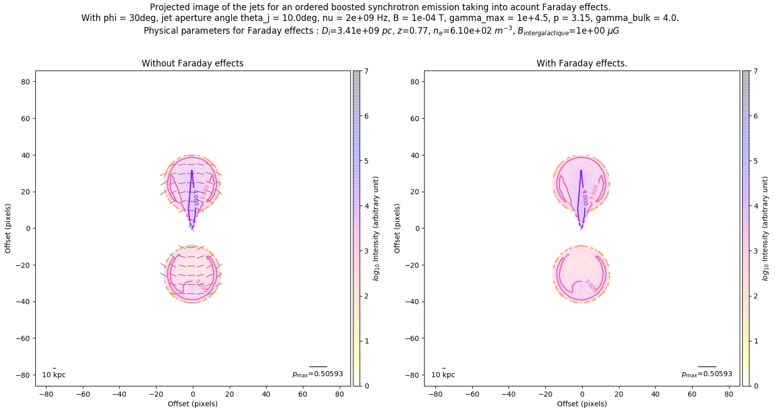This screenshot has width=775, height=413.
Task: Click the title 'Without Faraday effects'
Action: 192,63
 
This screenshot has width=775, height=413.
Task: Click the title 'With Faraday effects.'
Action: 582,63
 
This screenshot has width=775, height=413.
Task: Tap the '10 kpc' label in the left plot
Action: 54,375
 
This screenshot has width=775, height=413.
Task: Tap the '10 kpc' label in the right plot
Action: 443,375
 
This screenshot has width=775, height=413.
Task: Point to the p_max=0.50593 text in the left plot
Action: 318,374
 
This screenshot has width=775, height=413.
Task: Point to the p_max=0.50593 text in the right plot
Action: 707,374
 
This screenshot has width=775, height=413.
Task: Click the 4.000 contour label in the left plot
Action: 195,197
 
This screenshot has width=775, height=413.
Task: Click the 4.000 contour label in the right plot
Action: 585,197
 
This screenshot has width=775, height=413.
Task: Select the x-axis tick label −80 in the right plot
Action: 435,395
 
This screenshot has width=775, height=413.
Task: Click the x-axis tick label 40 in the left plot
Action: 266,395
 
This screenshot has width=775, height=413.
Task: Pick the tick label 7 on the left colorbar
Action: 366,72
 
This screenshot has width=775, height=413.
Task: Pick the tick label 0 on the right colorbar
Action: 756,386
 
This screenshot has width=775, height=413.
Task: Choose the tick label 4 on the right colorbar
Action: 756,206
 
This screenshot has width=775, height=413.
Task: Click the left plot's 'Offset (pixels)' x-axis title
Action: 192,404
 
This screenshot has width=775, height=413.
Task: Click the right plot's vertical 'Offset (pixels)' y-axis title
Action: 397,228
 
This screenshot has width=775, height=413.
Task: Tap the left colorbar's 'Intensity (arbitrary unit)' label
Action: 377,228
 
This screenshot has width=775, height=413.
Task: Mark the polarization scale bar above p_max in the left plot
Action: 318,366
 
